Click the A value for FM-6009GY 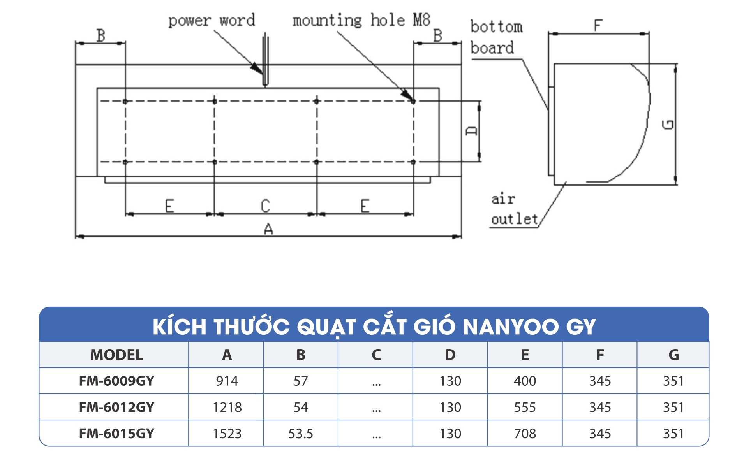(227, 381)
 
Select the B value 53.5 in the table (300, 433)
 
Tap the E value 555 (525, 407)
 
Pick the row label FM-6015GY (116, 433)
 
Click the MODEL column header (116, 355)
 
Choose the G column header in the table (673, 355)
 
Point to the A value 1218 (227, 407)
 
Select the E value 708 (525, 433)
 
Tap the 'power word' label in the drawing (212, 20)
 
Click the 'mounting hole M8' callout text (361, 20)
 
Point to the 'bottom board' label (496, 37)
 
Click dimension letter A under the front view (268, 229)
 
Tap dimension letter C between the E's (265, 206)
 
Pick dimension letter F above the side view (598, 26)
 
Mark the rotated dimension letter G (668, 125)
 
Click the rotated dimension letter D (471, 131)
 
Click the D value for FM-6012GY (450, 407)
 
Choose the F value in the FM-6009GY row (600, 381)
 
